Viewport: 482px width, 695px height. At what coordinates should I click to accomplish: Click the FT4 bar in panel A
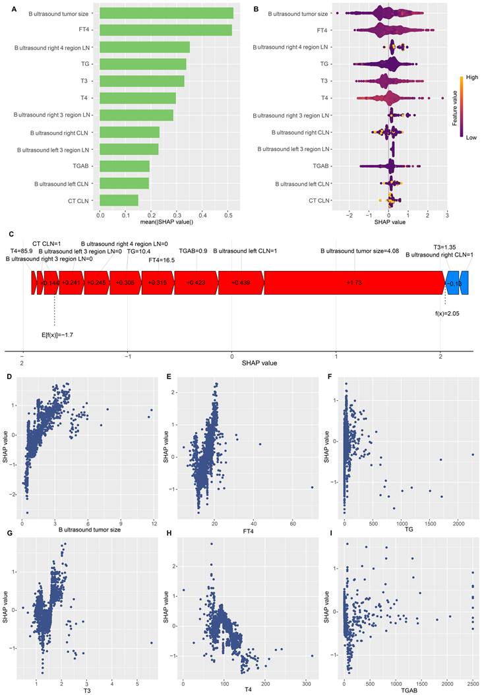pyautogui.click(x=165, y=30)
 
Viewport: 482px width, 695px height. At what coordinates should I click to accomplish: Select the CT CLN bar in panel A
pyautogui.click(x=119, y=200)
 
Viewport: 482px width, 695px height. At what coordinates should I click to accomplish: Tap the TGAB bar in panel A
pyautogui.click(x=125, y=166)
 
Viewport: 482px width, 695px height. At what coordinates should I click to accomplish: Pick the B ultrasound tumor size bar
pyautogui.click(x=166, y=13)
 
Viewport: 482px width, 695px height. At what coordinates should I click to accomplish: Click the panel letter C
pyautogui.click(x=7, y=234)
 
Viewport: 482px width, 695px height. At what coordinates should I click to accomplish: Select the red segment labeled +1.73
pyautogui.click(x=354, y=282)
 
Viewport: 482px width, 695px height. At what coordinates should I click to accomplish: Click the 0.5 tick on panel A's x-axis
pyautogui.click(x=228, y=214)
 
